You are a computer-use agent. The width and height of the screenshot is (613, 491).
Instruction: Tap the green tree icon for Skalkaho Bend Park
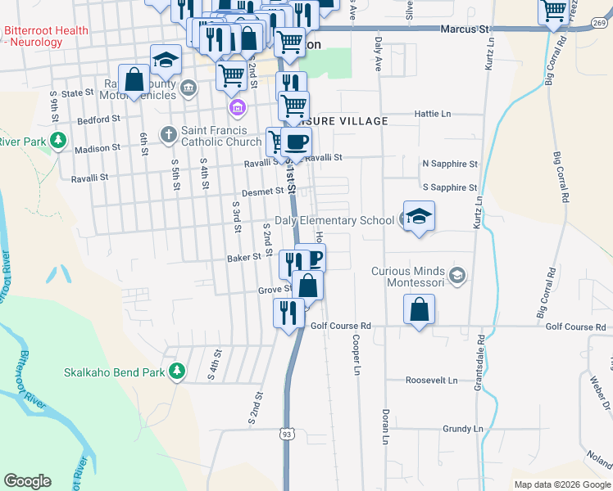click(x=176, y=372)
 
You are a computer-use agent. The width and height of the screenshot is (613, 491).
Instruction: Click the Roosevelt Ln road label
click(x=432, y=381)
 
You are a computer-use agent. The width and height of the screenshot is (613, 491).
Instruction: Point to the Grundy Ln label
click(x=463, y=429)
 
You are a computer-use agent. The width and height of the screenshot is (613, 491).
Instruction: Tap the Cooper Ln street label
click(x=356, y=355)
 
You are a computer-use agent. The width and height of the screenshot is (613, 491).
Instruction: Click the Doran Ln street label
click(x=384, y=426)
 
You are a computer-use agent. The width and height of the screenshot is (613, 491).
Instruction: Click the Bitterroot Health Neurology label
click(x=46, y=36)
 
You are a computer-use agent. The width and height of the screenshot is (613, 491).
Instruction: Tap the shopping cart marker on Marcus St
click(x=555, y=11)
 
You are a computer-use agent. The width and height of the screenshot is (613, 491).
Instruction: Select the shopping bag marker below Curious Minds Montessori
click(x=419, y=310)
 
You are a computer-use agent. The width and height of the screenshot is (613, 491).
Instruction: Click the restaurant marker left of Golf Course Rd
click(x=288, y=313)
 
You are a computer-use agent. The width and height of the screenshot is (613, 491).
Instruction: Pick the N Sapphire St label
click(x=449, y=164)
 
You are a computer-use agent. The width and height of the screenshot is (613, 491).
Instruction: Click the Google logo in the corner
click(x=28, y=481)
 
